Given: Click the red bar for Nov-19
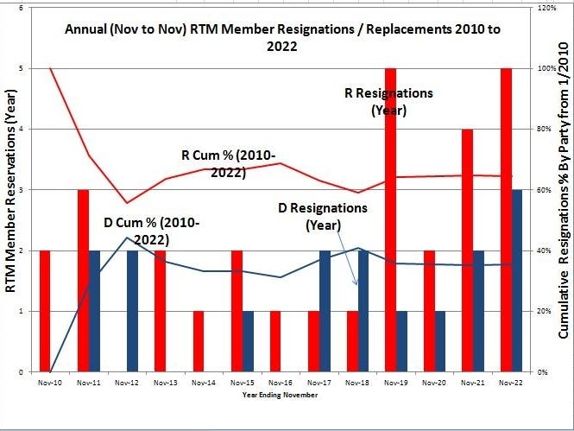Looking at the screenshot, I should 390,220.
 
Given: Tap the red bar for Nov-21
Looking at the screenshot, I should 467,250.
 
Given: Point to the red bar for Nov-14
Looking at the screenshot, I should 198,341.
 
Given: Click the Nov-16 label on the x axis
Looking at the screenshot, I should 281,381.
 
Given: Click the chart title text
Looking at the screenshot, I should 283,38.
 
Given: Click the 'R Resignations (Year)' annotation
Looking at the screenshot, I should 388,101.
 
